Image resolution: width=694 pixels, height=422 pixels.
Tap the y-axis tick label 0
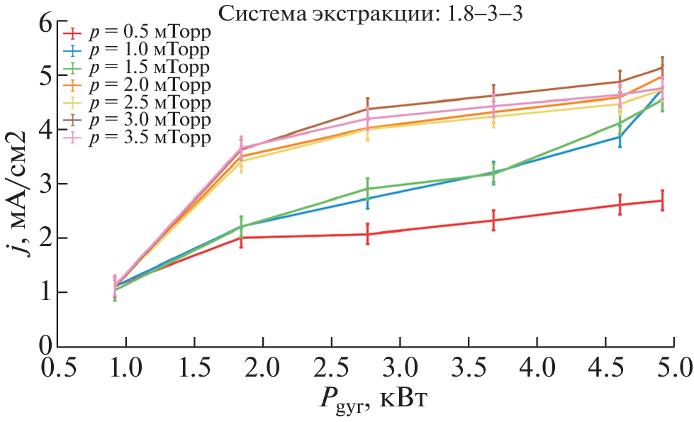46,347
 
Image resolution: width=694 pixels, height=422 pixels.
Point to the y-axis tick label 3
46,184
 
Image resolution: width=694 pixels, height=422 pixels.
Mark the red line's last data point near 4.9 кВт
662,201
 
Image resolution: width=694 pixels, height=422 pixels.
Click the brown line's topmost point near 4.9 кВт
662,67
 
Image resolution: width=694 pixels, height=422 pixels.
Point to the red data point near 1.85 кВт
242,238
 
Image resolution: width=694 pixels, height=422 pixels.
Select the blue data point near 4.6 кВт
620,136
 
